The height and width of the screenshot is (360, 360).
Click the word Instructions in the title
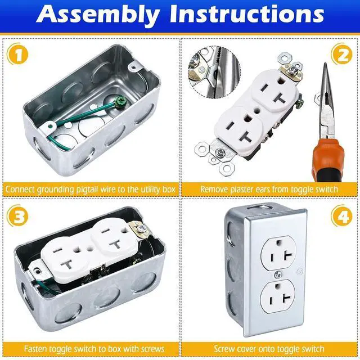tap(247, 13)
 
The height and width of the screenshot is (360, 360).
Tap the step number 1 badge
tap(17, 54)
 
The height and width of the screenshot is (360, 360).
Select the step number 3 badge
tap(17, 216)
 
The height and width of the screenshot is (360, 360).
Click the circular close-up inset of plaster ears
tap(214, 73)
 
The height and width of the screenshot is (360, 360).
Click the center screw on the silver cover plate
tap(278, 274)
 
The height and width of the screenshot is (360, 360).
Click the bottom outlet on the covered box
tap(277, 296)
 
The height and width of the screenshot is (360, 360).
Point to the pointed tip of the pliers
tap(325, 64)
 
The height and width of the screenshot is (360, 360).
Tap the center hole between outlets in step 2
tap(256, 111)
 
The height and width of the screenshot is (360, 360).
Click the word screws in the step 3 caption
tap(152, 349)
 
